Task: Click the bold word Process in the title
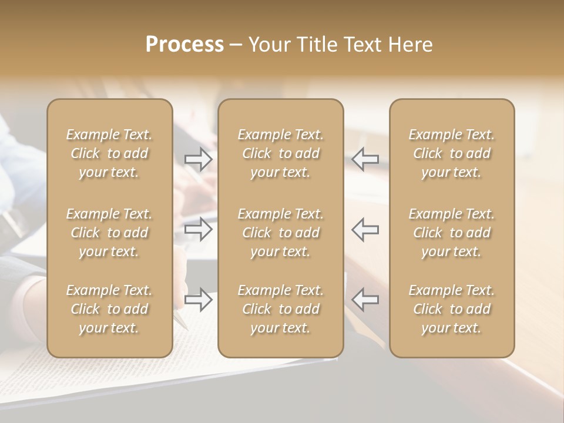pos(184,45)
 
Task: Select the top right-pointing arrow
pos(199,159)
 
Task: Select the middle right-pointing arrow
pos(199,229)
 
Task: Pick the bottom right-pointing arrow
pos(199,300)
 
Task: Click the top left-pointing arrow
pos(365,159)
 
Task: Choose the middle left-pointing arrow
pos(365,229)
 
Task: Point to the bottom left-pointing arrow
pos(365,300)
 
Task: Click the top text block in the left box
pos(109,153)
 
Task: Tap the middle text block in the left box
pos(109,233)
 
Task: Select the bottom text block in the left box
pos(109,309)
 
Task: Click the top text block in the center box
pos(280,153)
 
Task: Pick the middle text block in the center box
pos(280,233)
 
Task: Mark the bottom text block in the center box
pos(280,309)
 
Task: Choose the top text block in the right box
pos(451,153)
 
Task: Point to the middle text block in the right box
pos(451,233)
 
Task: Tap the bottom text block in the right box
pos(451,309)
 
